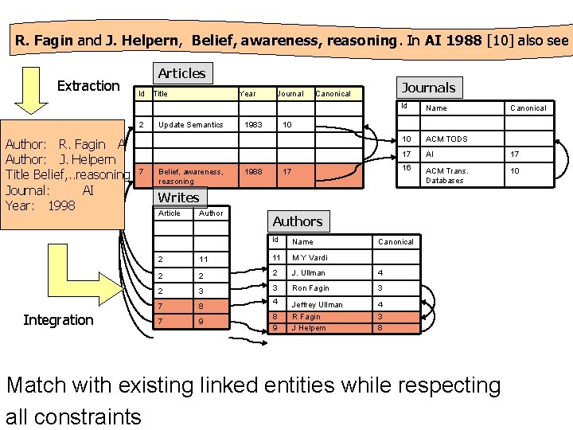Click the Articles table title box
click(x=181, y=73)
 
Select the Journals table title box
click(x=428, y=88)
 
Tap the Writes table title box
click(x=178, y=197)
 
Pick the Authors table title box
click(x=297, y=221)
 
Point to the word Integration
click(x=58, y=320)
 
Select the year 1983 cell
click(x=254, y=125)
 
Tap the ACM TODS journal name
click(x=446, y=139)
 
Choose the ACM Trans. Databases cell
click(x=447, y=175)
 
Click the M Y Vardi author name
click(x=310, y=257)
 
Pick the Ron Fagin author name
click(x=310, y=288)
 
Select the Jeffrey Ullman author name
click(x=317, y=304)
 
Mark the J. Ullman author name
click(x=308, y=273)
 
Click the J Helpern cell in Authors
click(x=309, y=327)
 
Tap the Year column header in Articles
click(x=248, y=94)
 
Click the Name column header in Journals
click(x=436, y=107)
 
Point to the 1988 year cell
click(x=254, y=171)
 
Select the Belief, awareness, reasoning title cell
click(x=190, y=176)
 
